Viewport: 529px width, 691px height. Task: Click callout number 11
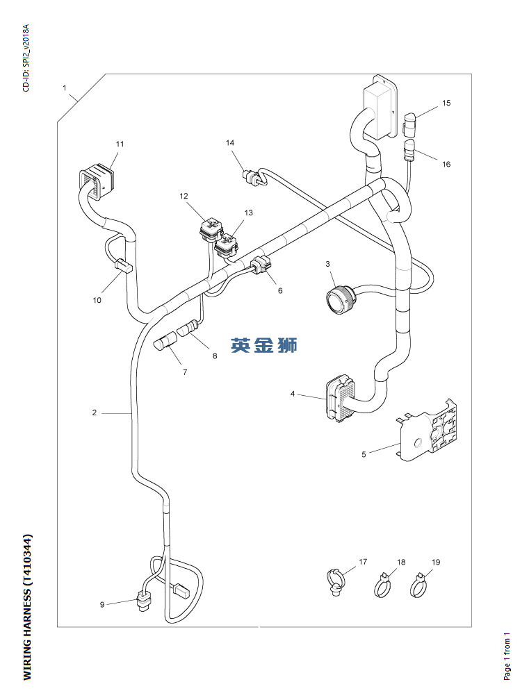pos(120,144)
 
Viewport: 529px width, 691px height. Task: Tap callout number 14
pos(230,142)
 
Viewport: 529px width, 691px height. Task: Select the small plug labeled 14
pos(252,178)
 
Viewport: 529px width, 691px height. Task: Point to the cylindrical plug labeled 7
pos(165,343)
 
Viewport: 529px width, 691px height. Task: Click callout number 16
pos(446,164)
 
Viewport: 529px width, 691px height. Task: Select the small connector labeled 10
pos(122,266)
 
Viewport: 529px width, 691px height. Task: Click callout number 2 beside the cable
pos(94,413)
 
